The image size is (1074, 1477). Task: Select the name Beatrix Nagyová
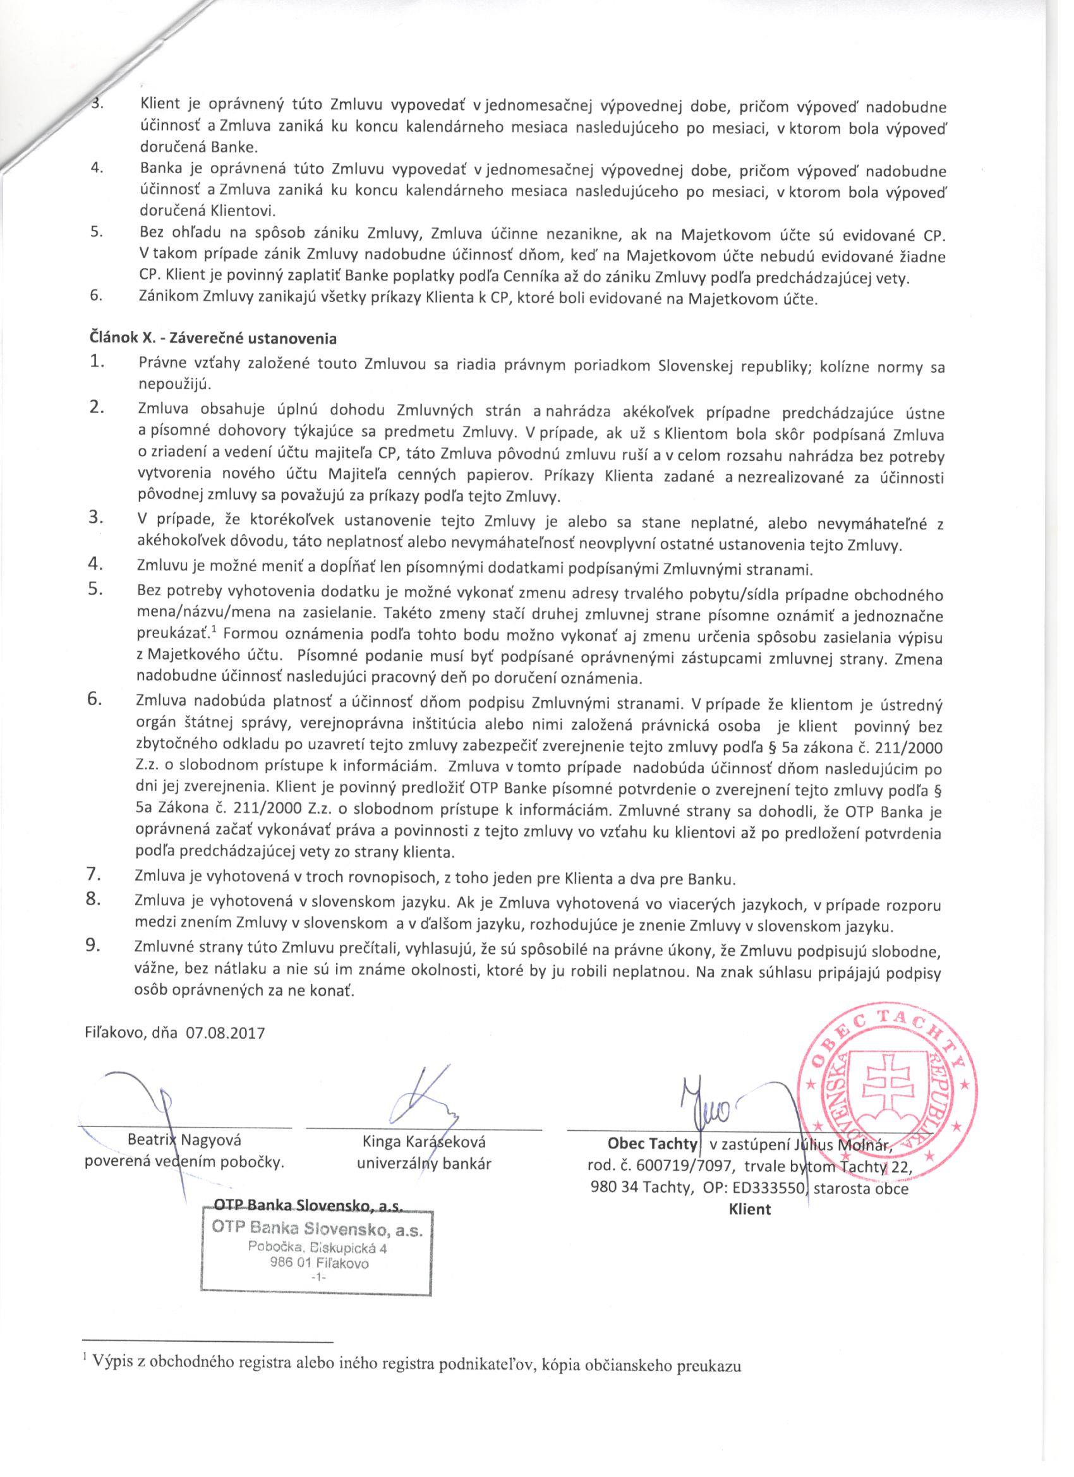click(x=184, y=1140)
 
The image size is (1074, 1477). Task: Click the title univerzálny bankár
click(x=424, y=1163)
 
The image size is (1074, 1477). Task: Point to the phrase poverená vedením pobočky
click(x=185, y=1163)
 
